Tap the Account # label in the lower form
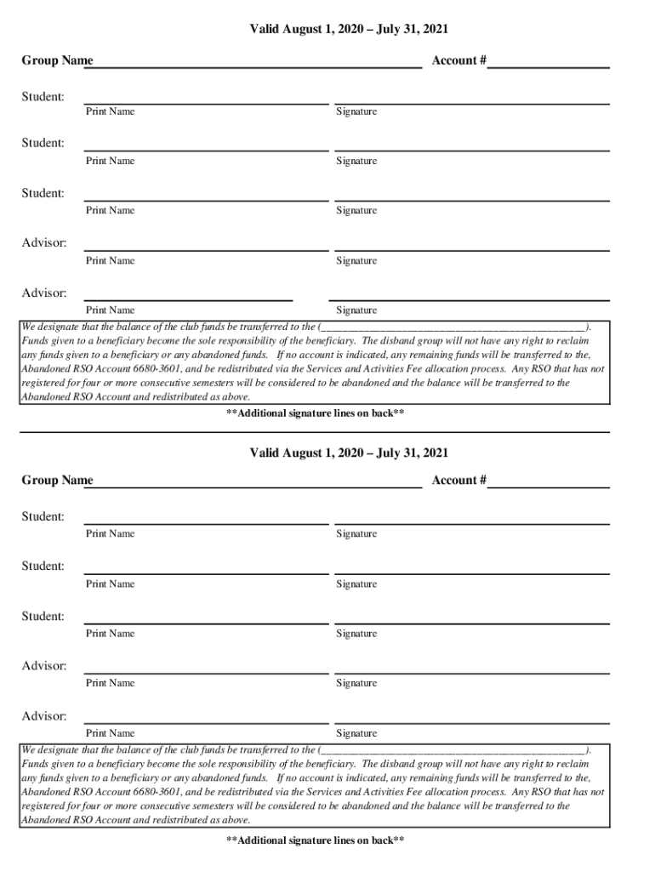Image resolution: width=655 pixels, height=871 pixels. pyautogui.click(x=458, y=481)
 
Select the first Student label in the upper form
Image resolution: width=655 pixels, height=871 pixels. pyautogui.click(x=43, y=97)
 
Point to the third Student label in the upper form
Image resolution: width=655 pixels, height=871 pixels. pyautogui.click(x=43, y=193)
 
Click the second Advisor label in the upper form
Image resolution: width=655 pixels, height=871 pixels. pyautogui.click(x=44, y=293)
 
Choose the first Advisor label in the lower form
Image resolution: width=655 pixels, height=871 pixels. pyautogui.click(x=44, y=666)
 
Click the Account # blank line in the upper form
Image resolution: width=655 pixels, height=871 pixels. pyautogui.click(x=549, y=66)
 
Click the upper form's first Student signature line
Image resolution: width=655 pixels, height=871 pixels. pyautogui.click(x=472, y=103)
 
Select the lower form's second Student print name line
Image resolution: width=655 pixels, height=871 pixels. pyautogui.click(x=206, y=573)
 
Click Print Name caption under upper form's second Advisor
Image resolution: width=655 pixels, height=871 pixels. pyautogui.click(x=110, y=310)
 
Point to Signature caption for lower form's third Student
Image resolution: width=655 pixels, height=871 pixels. pyautogui.click(x=356, y=634)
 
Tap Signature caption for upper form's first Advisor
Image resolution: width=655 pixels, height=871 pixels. pyautogui.click(x=356, y=261)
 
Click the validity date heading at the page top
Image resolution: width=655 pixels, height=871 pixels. pyautogui.click(x=349, y=30)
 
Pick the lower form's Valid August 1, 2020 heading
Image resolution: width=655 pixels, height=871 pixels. pyautogui.click(x=349, y=453)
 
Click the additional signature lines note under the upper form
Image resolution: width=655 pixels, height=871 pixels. pyautogui.click(x=315, y=413)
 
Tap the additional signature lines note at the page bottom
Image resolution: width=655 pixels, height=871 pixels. pyautogui.click(x=315, y=840)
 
